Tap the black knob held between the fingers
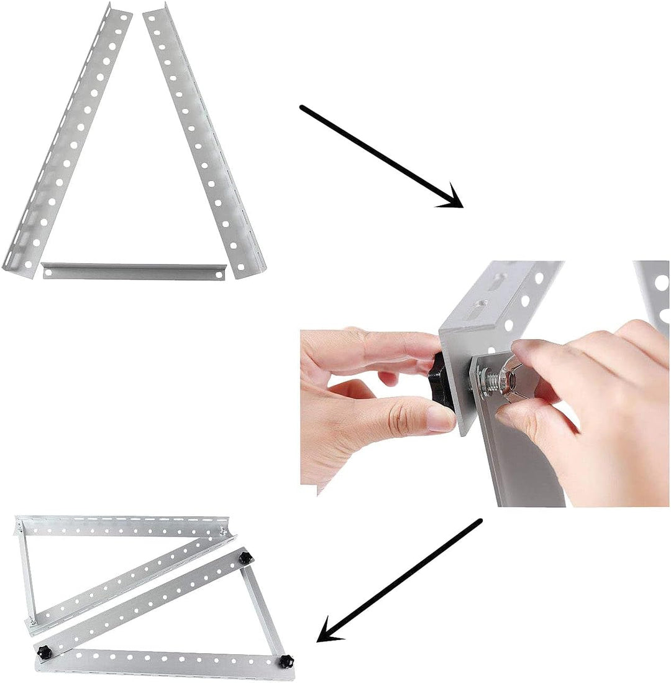coord(442,381)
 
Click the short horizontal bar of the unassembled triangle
coord(133,271)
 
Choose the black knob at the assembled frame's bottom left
coord(44,652)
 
